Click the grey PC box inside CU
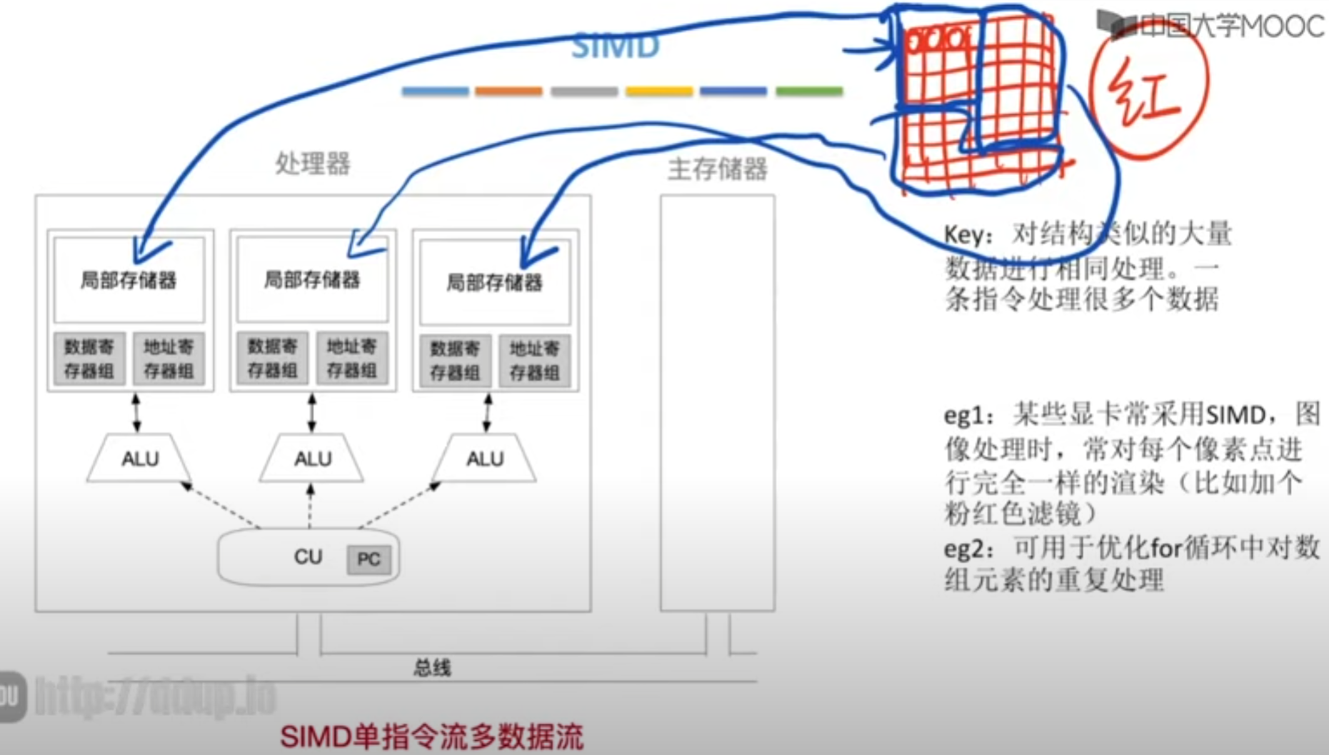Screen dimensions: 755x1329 pos(368,559)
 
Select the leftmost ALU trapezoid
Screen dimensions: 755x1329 pos(139,458)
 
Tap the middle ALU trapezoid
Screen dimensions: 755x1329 pos(312,458)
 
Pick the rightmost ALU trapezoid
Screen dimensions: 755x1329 pos(485,458)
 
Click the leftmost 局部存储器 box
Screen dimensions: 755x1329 pos(129,280)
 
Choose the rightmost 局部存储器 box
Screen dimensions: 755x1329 pos(494,283)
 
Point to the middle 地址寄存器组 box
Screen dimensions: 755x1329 pos(351,358)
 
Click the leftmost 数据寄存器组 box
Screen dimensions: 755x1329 pos(89,359)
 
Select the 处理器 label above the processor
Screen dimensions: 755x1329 pos(313,164)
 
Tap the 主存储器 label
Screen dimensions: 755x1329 pos(717,169)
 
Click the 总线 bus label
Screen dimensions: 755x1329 pos(432,668)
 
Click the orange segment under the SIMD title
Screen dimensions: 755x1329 pos(508,91)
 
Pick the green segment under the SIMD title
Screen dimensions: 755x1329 pos(809,91)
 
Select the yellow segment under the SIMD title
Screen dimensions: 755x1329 pos(659,91)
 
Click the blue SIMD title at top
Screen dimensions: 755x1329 pos(615,47)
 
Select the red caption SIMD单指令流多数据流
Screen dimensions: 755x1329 pos(431,736)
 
